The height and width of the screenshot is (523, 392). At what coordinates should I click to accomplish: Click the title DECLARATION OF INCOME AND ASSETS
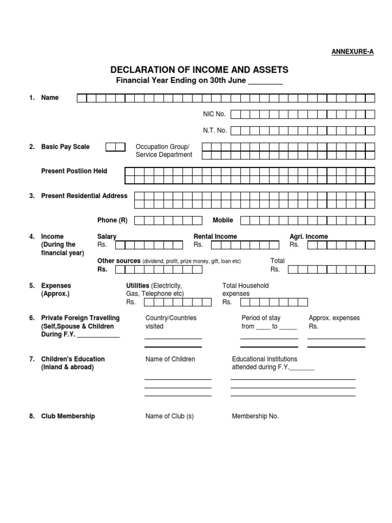click(200, 70)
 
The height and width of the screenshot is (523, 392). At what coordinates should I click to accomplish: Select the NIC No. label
click(214, 114)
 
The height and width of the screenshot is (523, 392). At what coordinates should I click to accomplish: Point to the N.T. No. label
click(215, 130)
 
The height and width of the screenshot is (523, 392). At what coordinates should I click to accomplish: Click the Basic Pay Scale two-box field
click(115, 147)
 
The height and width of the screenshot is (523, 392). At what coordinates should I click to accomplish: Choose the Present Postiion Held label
click(74, 171)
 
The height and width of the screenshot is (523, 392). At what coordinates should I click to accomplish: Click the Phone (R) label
click(112, 220)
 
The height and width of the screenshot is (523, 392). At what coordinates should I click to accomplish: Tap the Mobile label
click(223, 220)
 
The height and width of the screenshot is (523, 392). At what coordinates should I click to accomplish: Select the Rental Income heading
click(215, 236)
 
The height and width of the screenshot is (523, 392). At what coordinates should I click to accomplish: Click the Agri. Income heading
click(309, 236)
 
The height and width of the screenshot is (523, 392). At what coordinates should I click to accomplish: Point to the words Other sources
click(119, 261)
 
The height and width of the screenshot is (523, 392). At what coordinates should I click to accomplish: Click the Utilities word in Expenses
click(138, 286)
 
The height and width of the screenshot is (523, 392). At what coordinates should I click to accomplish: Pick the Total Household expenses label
click(245, 290)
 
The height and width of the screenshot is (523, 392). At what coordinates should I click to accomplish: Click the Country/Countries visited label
click(171, 322)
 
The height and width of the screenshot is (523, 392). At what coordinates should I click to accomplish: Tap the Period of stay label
click(261, 318)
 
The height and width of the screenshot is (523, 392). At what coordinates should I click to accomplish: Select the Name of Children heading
click(170, 359)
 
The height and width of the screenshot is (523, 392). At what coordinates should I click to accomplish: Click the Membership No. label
click(255, 416)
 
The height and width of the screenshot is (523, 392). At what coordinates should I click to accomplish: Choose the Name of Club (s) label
click(169, 416)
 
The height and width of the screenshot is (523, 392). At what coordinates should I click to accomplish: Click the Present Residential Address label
click(84, 196)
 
